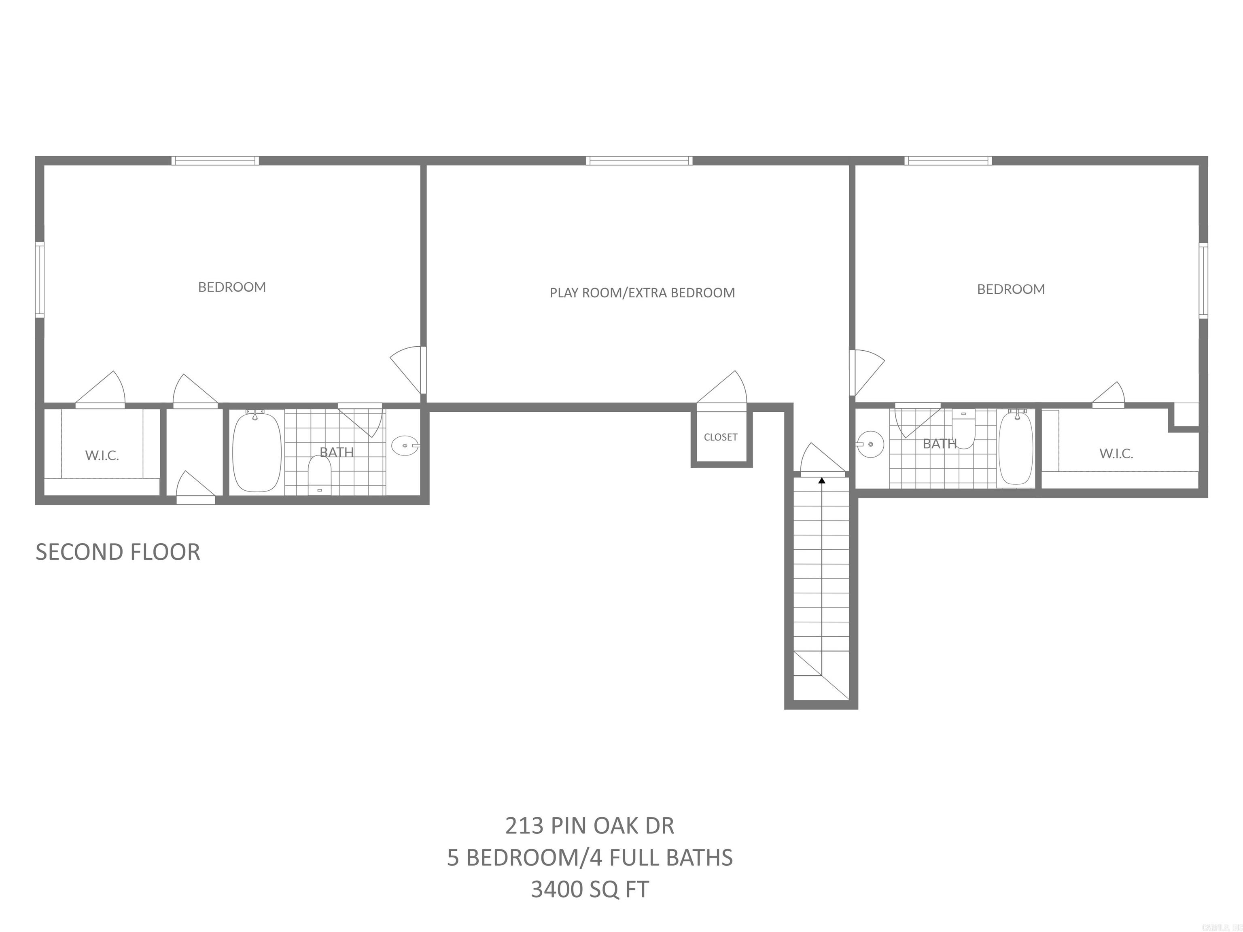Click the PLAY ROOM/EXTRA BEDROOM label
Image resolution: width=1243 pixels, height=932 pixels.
click(642, 293)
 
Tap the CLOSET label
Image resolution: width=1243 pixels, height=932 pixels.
click(720, 437)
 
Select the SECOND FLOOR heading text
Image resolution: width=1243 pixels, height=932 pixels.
click(118, 552)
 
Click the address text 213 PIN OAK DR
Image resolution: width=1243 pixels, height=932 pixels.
click(590, 825)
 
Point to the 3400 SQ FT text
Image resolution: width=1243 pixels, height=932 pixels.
click(590, 889)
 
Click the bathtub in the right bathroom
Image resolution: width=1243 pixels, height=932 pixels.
click(1016, 447)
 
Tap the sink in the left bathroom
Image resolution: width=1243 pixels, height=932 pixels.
click(405, 445)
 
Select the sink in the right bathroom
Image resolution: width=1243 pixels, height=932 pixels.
click(870, 445)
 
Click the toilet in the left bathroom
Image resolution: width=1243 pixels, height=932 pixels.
click(319, 475)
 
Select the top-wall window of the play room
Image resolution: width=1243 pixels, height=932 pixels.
click(639, 161)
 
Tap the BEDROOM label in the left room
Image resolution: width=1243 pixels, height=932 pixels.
click(232, 287)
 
